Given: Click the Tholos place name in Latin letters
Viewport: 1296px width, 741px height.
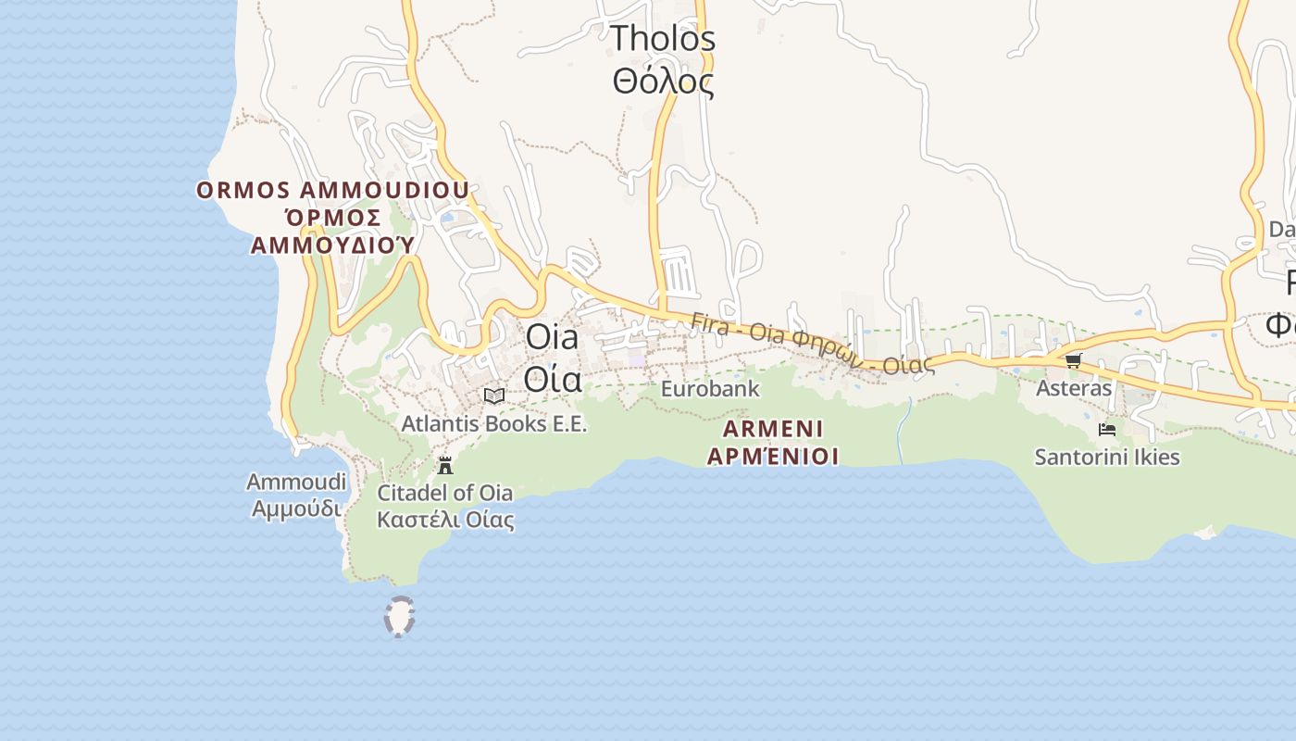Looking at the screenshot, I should (x=663, y=39).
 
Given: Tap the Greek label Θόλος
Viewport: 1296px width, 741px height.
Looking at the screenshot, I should (x=663, y=82).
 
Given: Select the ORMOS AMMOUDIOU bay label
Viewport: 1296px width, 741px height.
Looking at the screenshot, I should (x=332, y=191).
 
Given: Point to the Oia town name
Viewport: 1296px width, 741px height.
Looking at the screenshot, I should (x=552, y=337).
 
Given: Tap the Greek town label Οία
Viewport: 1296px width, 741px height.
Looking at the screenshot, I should (x=553, y=379).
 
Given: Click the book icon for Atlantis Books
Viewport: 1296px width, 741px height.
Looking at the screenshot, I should (x=494, y=396).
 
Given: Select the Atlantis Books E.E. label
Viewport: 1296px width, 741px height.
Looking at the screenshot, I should (x=494, y=424).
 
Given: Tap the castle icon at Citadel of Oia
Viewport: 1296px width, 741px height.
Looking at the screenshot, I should (x=445, y=465).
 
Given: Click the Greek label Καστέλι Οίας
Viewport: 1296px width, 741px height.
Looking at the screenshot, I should (x=445, y=520).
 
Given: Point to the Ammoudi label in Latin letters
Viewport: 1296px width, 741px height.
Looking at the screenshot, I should (x=296, y=482).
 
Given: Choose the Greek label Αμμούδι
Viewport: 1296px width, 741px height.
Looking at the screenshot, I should (x=296, y=509).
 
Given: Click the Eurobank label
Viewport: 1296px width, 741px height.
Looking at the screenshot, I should (x=710, y=389).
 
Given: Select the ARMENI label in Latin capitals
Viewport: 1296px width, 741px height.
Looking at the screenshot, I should (x=773, y=429).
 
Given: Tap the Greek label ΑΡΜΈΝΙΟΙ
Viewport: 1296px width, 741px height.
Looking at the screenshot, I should (x=773, y=456).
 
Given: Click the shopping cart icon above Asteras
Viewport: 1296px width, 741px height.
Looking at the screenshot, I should (x=1073, y=360).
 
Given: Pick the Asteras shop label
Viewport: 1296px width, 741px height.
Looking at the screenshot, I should (x=1074, y=388).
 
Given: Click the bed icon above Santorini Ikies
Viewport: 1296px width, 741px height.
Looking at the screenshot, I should (x=1106, y=430).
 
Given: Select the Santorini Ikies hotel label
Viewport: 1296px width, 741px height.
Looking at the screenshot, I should (x=1107, y=457).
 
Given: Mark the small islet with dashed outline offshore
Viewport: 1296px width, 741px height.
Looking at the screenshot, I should (x=399, y=617).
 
